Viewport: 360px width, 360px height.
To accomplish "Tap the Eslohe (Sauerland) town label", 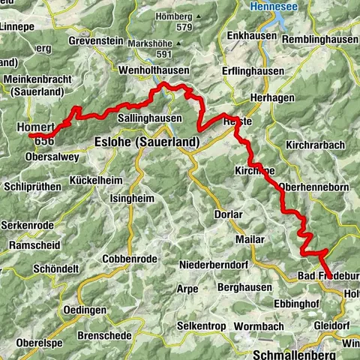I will (x=146, y=142).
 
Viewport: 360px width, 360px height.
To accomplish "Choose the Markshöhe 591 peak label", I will (x=155, y=49).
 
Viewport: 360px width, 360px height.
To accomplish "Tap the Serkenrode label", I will (x=26, y=225).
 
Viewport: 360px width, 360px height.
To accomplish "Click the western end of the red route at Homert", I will (x=31, y=136).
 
